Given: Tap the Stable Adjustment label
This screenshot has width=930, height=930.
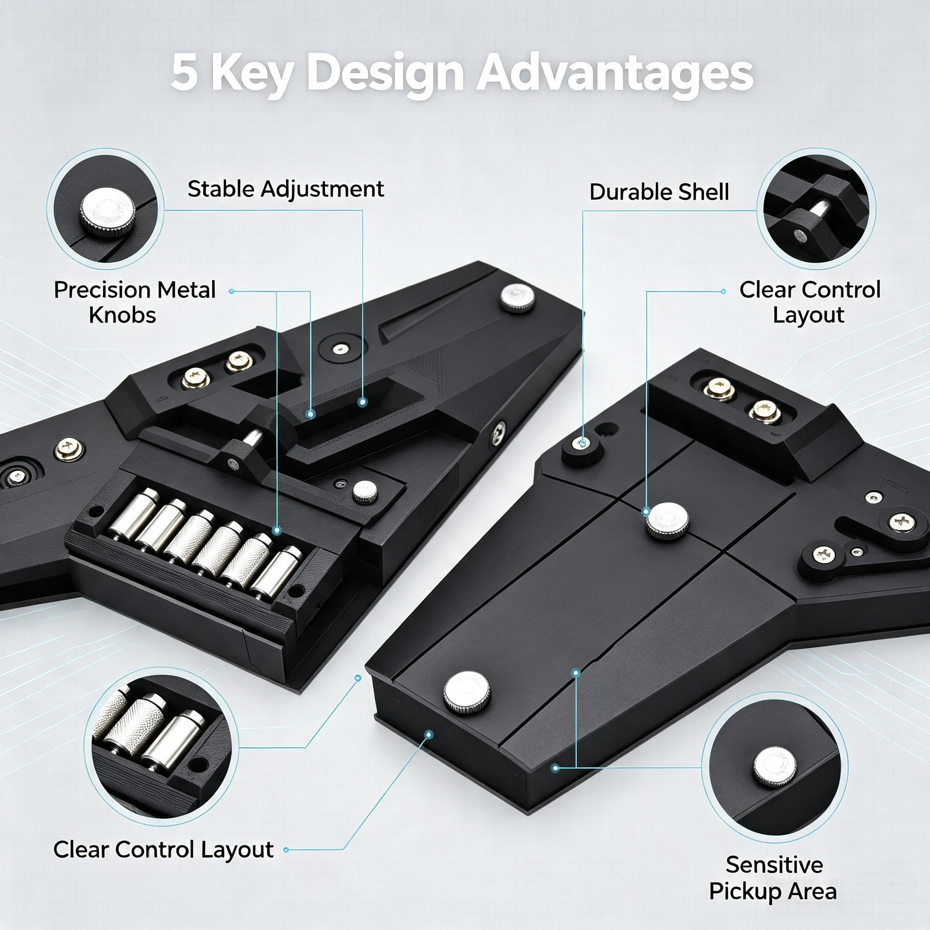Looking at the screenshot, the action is (x=286, y=189).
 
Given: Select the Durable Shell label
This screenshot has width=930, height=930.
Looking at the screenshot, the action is (x=659, y=192).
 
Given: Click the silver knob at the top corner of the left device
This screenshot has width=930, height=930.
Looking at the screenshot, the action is (x=518, y=298).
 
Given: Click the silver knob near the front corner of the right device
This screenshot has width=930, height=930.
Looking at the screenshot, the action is (x=466, y=692).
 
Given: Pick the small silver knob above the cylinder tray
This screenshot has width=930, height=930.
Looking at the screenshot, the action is (x=365, y=492).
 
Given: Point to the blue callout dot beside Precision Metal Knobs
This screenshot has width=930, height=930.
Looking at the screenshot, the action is (x=232, y=291).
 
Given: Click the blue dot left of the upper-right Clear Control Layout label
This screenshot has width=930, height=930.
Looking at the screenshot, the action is (x=723, y=291).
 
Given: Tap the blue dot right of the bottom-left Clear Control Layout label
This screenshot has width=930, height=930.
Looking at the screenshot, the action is (x=287, y=850).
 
